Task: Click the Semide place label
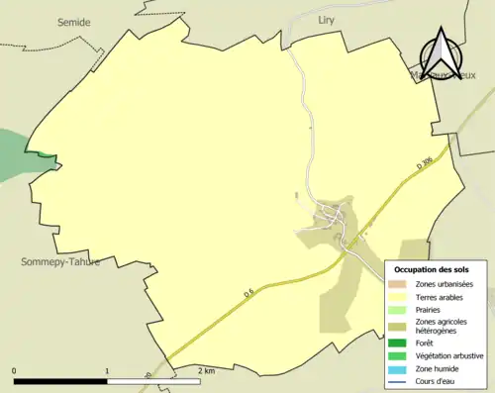coord(73,21)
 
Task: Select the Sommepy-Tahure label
coord(60,261)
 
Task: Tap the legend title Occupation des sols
coord(432,269)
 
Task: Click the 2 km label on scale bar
coord(206,370)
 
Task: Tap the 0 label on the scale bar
coord(15,370)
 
